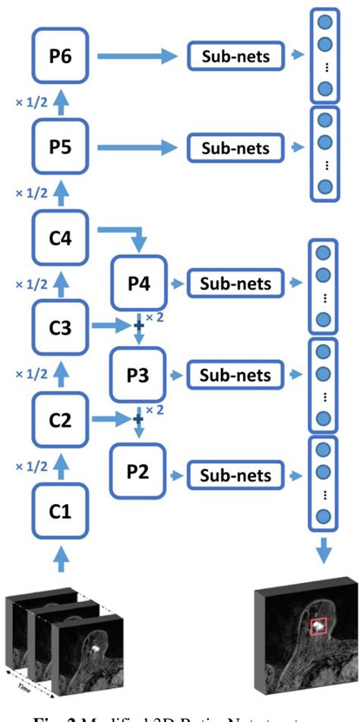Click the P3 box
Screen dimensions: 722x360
click(x=138, y=374)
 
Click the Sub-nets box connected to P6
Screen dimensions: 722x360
click(x=235, y=56)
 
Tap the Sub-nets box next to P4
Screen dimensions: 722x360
click(x=235, y=284)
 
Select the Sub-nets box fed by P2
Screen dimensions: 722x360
click(x=235, y=475)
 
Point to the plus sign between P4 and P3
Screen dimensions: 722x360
click(x=138, y=326)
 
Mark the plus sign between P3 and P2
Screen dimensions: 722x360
click(x=138, y=418)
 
